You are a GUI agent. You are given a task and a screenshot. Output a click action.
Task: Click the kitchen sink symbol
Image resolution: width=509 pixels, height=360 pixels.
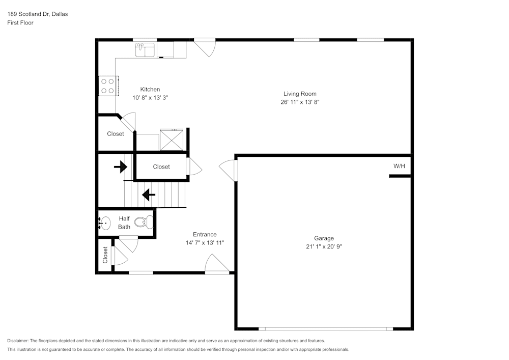[146, 49]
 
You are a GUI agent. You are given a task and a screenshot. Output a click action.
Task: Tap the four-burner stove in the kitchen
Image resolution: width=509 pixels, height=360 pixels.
[107, 86]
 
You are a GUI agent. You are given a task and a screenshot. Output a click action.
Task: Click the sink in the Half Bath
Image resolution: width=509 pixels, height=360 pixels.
[105, 223]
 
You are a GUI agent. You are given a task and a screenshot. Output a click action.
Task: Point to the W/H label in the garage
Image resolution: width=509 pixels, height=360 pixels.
[400, 167]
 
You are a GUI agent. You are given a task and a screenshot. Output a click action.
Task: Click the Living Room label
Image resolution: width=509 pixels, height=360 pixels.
[300, 94]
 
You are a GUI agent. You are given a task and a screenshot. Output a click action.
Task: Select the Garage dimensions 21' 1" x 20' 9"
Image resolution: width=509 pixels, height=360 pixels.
[324, 246]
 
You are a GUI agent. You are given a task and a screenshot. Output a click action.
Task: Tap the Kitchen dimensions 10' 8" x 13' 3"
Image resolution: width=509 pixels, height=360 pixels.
[150, 97]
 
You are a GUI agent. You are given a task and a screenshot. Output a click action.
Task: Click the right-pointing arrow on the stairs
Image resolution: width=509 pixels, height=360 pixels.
[121, 167]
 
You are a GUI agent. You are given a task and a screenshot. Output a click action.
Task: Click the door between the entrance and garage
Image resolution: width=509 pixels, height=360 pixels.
[229, 170]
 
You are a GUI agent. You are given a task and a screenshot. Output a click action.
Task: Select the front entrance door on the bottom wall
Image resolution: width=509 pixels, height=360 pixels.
[217, 265]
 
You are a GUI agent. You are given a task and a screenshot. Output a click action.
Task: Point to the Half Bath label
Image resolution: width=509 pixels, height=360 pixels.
[124, 223]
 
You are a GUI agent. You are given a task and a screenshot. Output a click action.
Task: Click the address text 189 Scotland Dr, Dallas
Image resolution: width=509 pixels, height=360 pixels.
[38, 14]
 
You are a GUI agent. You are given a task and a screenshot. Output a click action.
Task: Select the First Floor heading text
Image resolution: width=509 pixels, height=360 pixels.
[20, 23]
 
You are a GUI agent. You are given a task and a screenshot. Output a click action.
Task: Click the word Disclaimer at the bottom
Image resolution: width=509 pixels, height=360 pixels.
[18, 341]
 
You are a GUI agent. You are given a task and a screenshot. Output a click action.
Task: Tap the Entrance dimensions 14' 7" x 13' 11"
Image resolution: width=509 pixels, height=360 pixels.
[205, 243]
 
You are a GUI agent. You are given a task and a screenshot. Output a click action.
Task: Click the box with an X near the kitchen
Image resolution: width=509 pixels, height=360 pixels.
[172, 140]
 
